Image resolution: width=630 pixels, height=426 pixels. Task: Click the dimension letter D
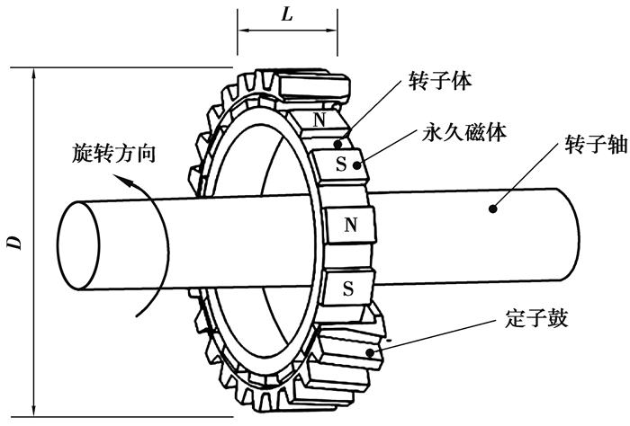point(13,242)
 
